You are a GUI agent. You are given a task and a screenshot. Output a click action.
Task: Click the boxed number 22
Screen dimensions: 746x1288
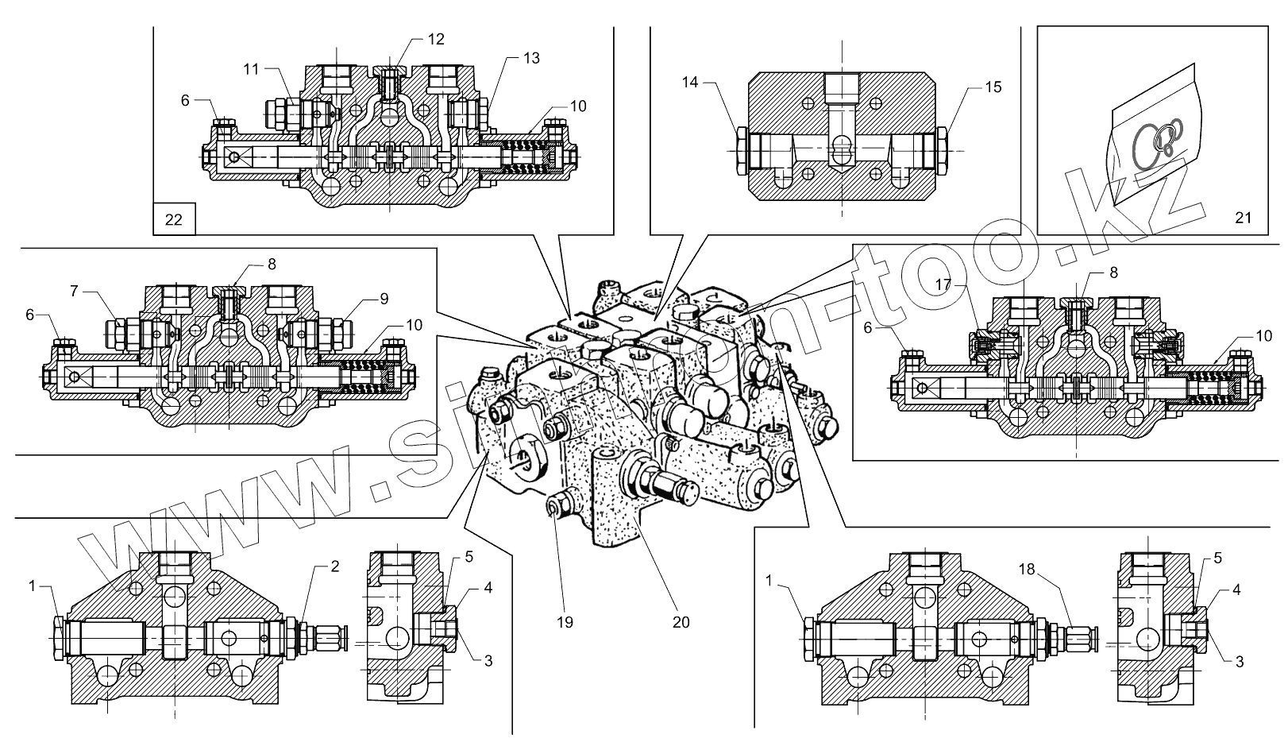click(x=173, y=219)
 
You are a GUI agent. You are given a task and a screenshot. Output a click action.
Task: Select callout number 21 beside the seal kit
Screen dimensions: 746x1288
click(x=1243, y=217)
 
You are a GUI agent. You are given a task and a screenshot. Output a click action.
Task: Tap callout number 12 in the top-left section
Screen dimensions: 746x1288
click(x=435, y=39)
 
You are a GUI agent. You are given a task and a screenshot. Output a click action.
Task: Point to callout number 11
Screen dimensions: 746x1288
click(x=251, y=69)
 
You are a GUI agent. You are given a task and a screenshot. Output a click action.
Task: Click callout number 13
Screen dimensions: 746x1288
click(x=531, y=58)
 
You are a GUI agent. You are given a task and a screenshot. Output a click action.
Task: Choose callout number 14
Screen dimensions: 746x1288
click(x=690, y=81)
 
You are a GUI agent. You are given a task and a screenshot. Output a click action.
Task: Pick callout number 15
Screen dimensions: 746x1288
click(x=993, y=87)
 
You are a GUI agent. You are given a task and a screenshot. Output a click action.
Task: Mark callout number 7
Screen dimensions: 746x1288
click(x=74, y=292)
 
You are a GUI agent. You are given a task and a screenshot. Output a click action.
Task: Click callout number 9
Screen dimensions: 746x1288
click(x=384, y=299)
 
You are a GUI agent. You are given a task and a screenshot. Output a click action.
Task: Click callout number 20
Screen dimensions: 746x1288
click(x=681, y=622)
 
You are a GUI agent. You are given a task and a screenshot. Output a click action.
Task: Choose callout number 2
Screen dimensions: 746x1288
click(x=334, y=566)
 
